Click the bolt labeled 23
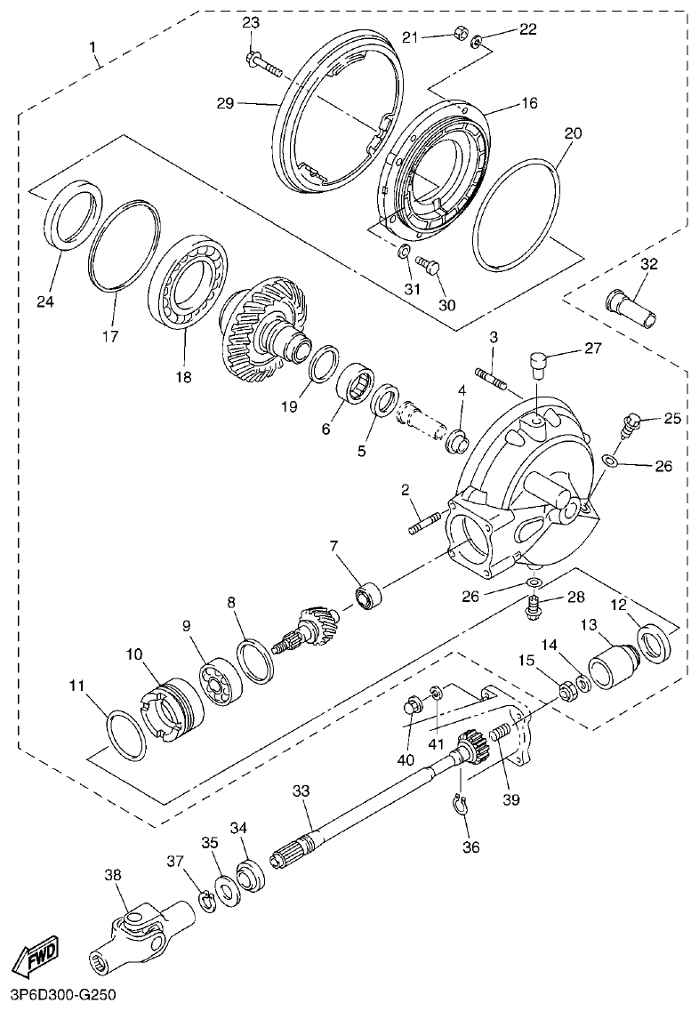[x=261, y=63]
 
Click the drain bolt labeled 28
[x=533, y=608]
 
